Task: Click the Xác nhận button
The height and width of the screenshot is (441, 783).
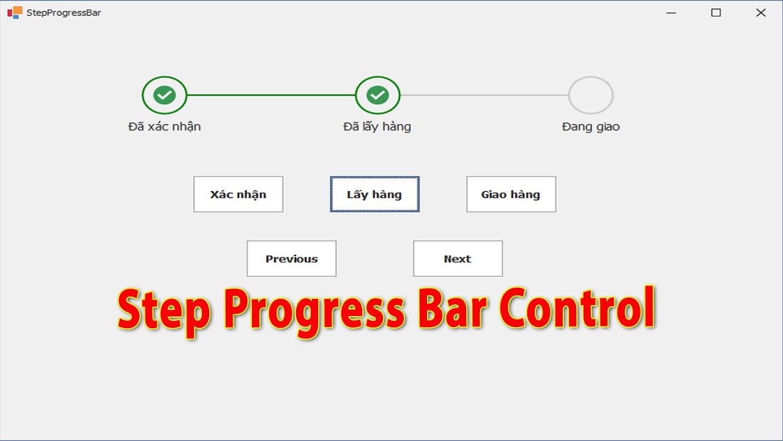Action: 238,194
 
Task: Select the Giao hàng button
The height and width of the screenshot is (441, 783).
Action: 511,194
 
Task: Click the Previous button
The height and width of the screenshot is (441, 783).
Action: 291,258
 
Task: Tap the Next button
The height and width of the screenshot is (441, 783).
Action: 458,258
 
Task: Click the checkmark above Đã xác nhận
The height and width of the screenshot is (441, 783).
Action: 164,95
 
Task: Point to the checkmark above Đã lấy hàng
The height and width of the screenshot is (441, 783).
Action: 377,95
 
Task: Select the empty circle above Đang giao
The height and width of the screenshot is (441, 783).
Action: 590,95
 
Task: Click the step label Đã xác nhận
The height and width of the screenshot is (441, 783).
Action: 165,127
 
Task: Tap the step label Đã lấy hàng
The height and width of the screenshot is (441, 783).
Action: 377,127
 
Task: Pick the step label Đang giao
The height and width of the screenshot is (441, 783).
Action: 590,127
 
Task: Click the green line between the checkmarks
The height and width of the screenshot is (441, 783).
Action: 271,95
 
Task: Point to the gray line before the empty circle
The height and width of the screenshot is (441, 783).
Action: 484,95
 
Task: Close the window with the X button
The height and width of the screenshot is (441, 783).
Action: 760,12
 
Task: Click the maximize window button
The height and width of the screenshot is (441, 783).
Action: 716,12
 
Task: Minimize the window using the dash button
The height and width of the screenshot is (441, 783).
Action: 671,12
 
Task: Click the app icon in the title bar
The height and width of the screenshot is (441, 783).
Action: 15,12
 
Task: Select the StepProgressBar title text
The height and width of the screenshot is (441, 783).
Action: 64,12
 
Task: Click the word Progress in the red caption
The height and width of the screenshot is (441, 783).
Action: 313,311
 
